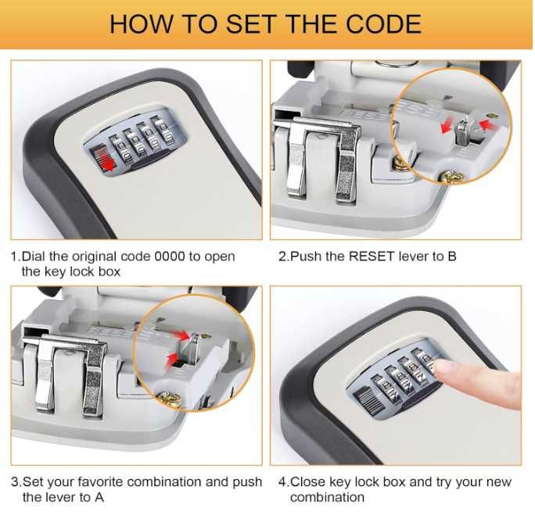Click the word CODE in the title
click(x=383, y=24)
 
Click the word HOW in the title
click(x=141, y=24)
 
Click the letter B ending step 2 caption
click(x=452, y=256)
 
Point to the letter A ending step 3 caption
click(x=99, y=497)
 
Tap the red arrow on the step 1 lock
click(x=107, y=164)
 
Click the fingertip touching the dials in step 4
click(x=443, y=370)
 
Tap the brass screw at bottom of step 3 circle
click(x=170, y=399)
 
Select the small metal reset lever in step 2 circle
click(x=462, y=132)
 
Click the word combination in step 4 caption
click(x=327, y=497)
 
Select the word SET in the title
click(x=251, y=24)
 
